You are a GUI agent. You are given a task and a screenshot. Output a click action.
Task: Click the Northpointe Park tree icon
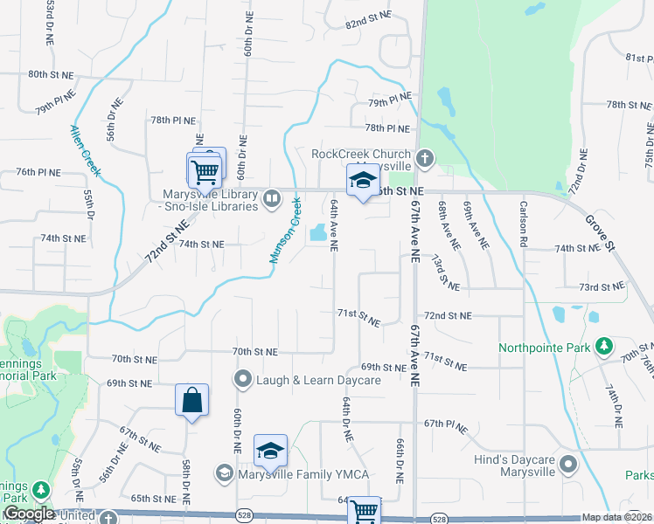pos(603,347)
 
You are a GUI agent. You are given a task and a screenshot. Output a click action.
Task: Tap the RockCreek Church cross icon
pos(425,159)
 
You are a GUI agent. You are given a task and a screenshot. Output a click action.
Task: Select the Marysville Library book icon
pos(271,199)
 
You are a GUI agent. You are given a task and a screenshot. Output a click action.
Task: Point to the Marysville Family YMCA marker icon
pos(225,473)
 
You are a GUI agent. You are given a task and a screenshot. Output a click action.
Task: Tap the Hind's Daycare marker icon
pos(569,464)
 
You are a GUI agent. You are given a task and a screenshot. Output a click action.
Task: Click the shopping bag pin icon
pos(191,401)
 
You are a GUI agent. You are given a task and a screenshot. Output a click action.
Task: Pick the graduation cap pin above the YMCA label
pos(271,451)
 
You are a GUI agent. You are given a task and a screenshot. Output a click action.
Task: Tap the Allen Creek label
pos(85,151)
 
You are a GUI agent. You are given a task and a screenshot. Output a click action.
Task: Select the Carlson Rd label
pos(525,224)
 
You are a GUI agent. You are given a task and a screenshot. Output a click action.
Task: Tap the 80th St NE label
pos(49,75)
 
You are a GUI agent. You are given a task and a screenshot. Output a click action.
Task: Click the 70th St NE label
pos(255,351)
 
